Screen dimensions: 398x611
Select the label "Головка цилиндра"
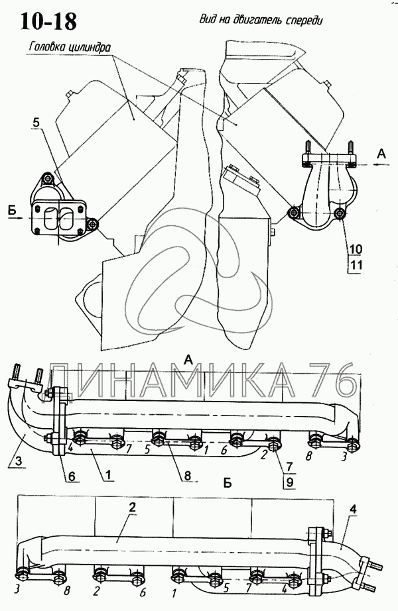(70, 47)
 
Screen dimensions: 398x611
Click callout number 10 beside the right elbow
(355, 249)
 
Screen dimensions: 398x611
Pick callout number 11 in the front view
(355, 265)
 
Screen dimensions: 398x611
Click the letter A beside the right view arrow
(381, 154)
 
